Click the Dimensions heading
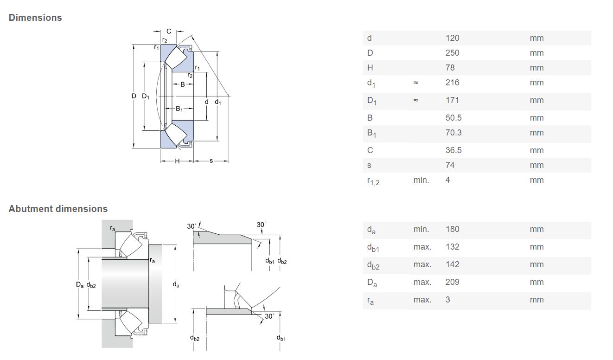click(x=35, y=18)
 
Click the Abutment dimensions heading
click(x=58, y=209)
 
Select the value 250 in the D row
click(x=452, y=53)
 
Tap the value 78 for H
click(x=450, y=68)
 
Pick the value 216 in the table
click(x=452, y=83)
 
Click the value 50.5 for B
click(x=453, y=118)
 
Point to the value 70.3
click(x=453, y=133)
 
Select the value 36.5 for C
click(x=453, y=150)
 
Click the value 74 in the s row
click(x=450, y=165)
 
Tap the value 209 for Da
click(x=452, y=282)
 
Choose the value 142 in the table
click(x=452, y=264)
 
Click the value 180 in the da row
click(x=452, y=229)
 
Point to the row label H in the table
click(x=370, y=68)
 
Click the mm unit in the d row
click(x=536, y=38)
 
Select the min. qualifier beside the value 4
click(x=421, y=180)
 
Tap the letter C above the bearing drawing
click(x=169, y=31)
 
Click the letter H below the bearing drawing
click(x=177, y=161)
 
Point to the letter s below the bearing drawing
click(x=211, y=161)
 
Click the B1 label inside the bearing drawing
click(x=179, y=109)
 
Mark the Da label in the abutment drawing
click(x=80, y=285)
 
